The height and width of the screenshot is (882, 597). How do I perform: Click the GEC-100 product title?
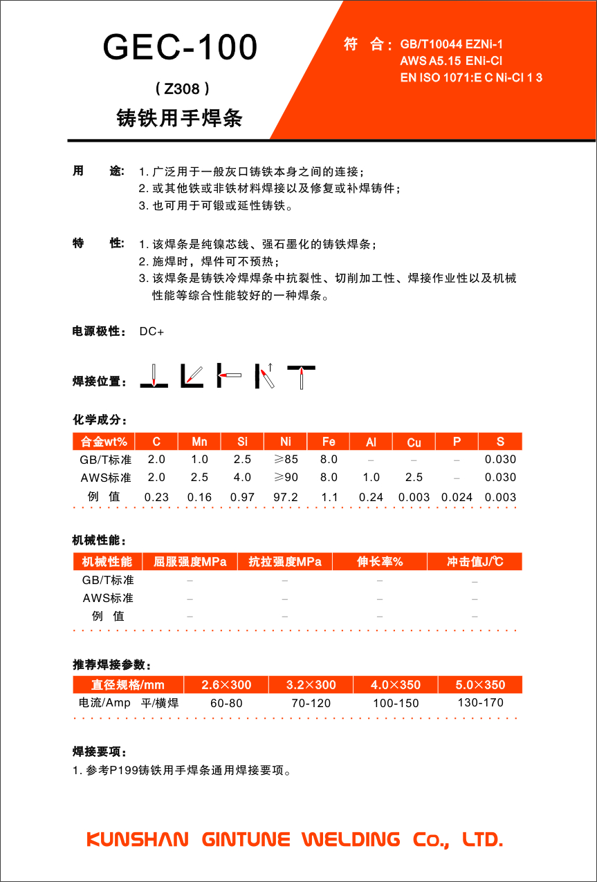point(180,48)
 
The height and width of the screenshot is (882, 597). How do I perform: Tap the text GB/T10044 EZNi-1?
point(452,45)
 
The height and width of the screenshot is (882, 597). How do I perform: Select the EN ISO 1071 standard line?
point(471,77)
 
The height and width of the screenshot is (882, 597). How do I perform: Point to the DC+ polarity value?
point(151,332)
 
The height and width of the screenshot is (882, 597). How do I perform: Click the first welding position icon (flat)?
point(154,375)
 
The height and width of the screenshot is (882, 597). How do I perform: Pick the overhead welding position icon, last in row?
point(301,375)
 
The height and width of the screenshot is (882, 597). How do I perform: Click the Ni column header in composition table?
point(286,442)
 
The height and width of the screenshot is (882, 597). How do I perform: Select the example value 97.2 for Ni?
point(286,497)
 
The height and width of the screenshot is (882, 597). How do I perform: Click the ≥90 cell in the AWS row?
point(286,478)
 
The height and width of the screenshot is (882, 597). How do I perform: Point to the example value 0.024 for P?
point(457,497)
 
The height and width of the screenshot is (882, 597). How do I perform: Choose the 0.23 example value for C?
point(156,497)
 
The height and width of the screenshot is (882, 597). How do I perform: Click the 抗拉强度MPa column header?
point(284,562)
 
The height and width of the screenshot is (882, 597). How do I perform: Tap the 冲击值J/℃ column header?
point(475,562)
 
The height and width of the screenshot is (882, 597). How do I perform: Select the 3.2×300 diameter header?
point(311,685)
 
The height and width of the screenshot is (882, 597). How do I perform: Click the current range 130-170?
point(480,703)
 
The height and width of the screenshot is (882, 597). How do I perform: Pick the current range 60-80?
point(226,704)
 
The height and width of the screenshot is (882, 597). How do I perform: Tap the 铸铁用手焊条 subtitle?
point(180,119)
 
